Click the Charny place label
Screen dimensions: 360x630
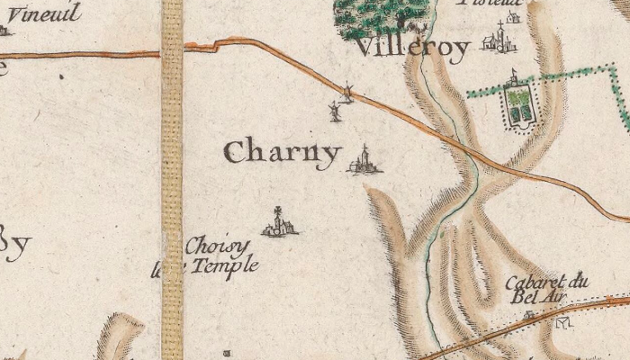pyautogui.click(x=282, y=152)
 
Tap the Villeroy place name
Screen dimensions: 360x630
pyautogui.click(x=412, y=48)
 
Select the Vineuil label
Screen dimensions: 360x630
pyautogui.click(x=44, y=13)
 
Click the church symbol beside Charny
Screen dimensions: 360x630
pyautogui.click(x=364, y=160)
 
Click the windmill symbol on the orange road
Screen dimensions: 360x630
pyautogui.click(x=346, y=91)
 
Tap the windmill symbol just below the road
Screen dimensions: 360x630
pyautogui.click(x=334, y=112)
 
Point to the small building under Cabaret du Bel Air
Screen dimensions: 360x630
pyautogui.click(x=529, y=316)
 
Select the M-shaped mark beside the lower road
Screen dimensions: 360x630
pyautogui.click(x=565, y=322)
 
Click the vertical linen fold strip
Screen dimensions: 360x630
pyautogui.click(x=172, y=180)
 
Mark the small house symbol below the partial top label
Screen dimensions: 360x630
pyautogui.click(x=513, y=16)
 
